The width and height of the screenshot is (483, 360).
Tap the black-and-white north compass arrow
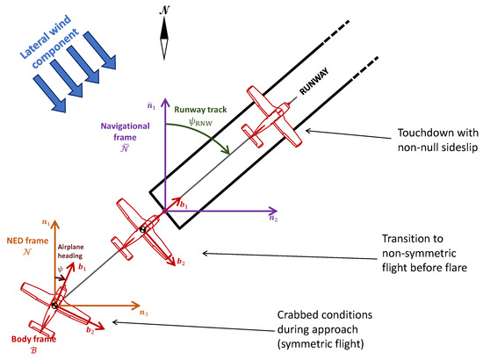pyautogui.click(x=164, y=40)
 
